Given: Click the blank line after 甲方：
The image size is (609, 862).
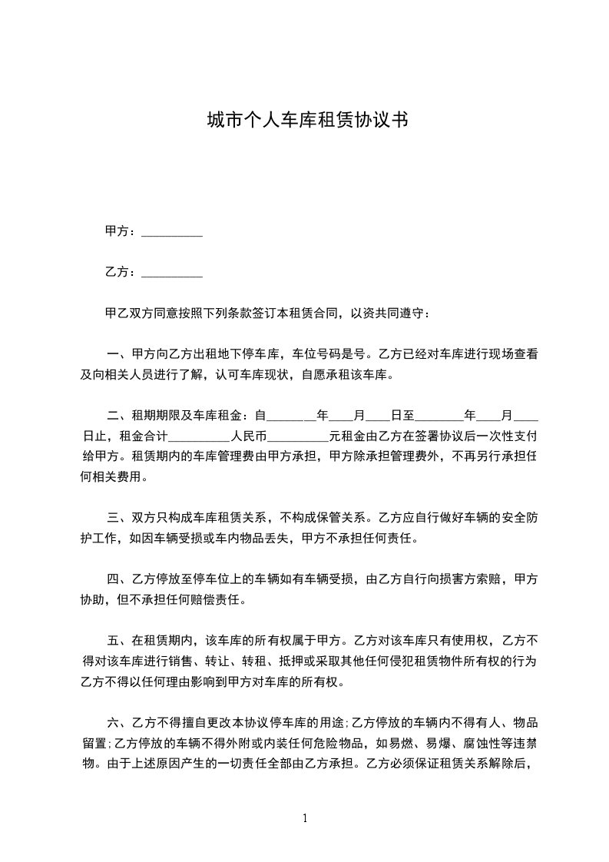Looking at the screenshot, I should click(173, 232).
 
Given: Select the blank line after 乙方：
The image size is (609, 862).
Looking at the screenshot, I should click(173, 273).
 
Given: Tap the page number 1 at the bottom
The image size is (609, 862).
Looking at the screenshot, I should click(305, 818).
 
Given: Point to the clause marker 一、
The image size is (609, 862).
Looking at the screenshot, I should click(118, 355).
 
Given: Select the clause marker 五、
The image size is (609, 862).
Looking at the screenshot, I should click(118, 639).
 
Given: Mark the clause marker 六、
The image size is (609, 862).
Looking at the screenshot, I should click(118, 722).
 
